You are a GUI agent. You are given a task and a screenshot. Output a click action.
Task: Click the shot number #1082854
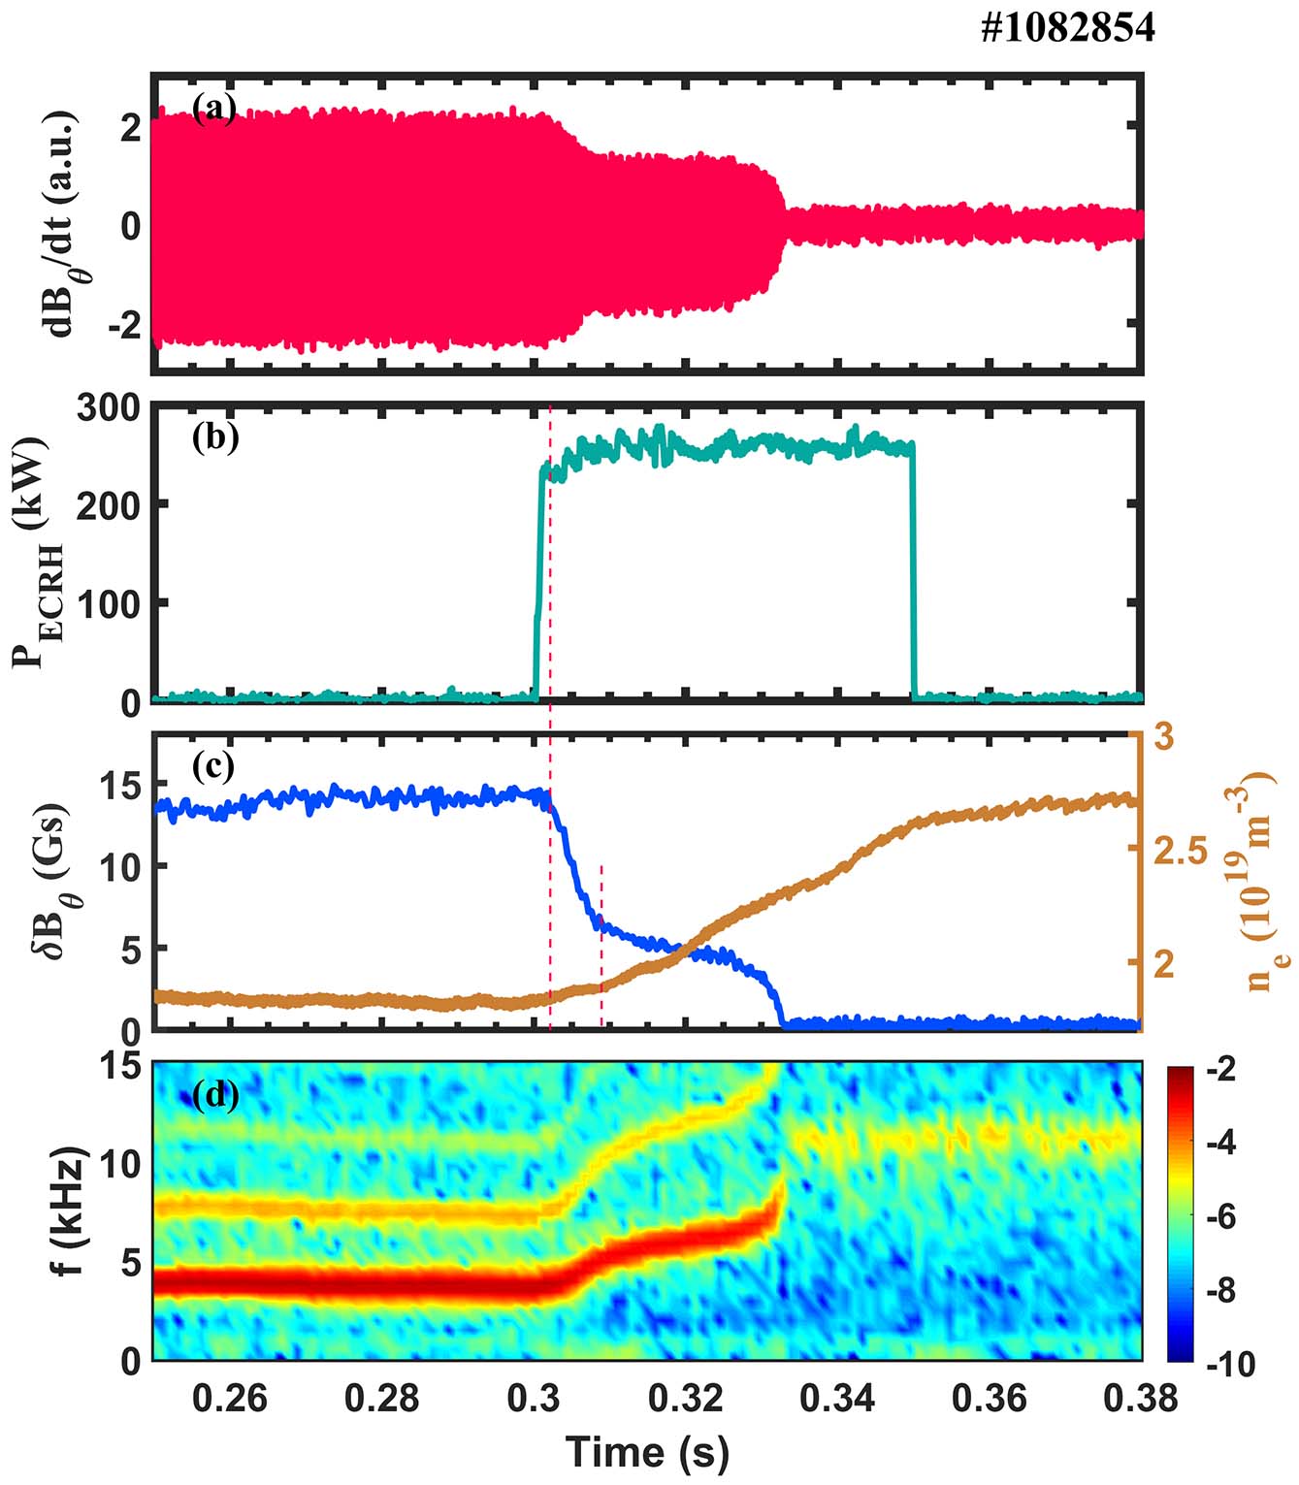click(x=1067, y=29)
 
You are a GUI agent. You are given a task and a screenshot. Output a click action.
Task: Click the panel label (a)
click(x=214, y=108)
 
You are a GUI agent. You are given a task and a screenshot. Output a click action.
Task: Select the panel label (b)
click(x=214, y=437)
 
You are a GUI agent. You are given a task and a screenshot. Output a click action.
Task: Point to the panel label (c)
click(x=214, y=766)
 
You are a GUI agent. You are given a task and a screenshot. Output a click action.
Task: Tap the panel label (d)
click(x=214, y=1095)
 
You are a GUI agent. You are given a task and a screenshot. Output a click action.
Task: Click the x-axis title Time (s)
click(x=646, y=1452)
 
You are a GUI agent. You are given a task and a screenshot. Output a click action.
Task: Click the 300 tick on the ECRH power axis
click(x=108, y=408)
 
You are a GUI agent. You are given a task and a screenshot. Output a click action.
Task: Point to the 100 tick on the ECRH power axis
click(x=108, y=603)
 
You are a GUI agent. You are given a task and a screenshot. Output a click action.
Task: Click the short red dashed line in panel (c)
click(x=602, y=946)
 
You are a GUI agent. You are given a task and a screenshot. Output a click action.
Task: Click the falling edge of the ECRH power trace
click(x=913, y=572)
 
